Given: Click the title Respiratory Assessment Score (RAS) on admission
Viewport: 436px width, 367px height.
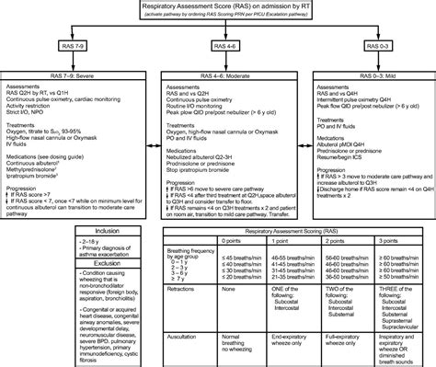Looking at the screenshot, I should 218,7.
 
